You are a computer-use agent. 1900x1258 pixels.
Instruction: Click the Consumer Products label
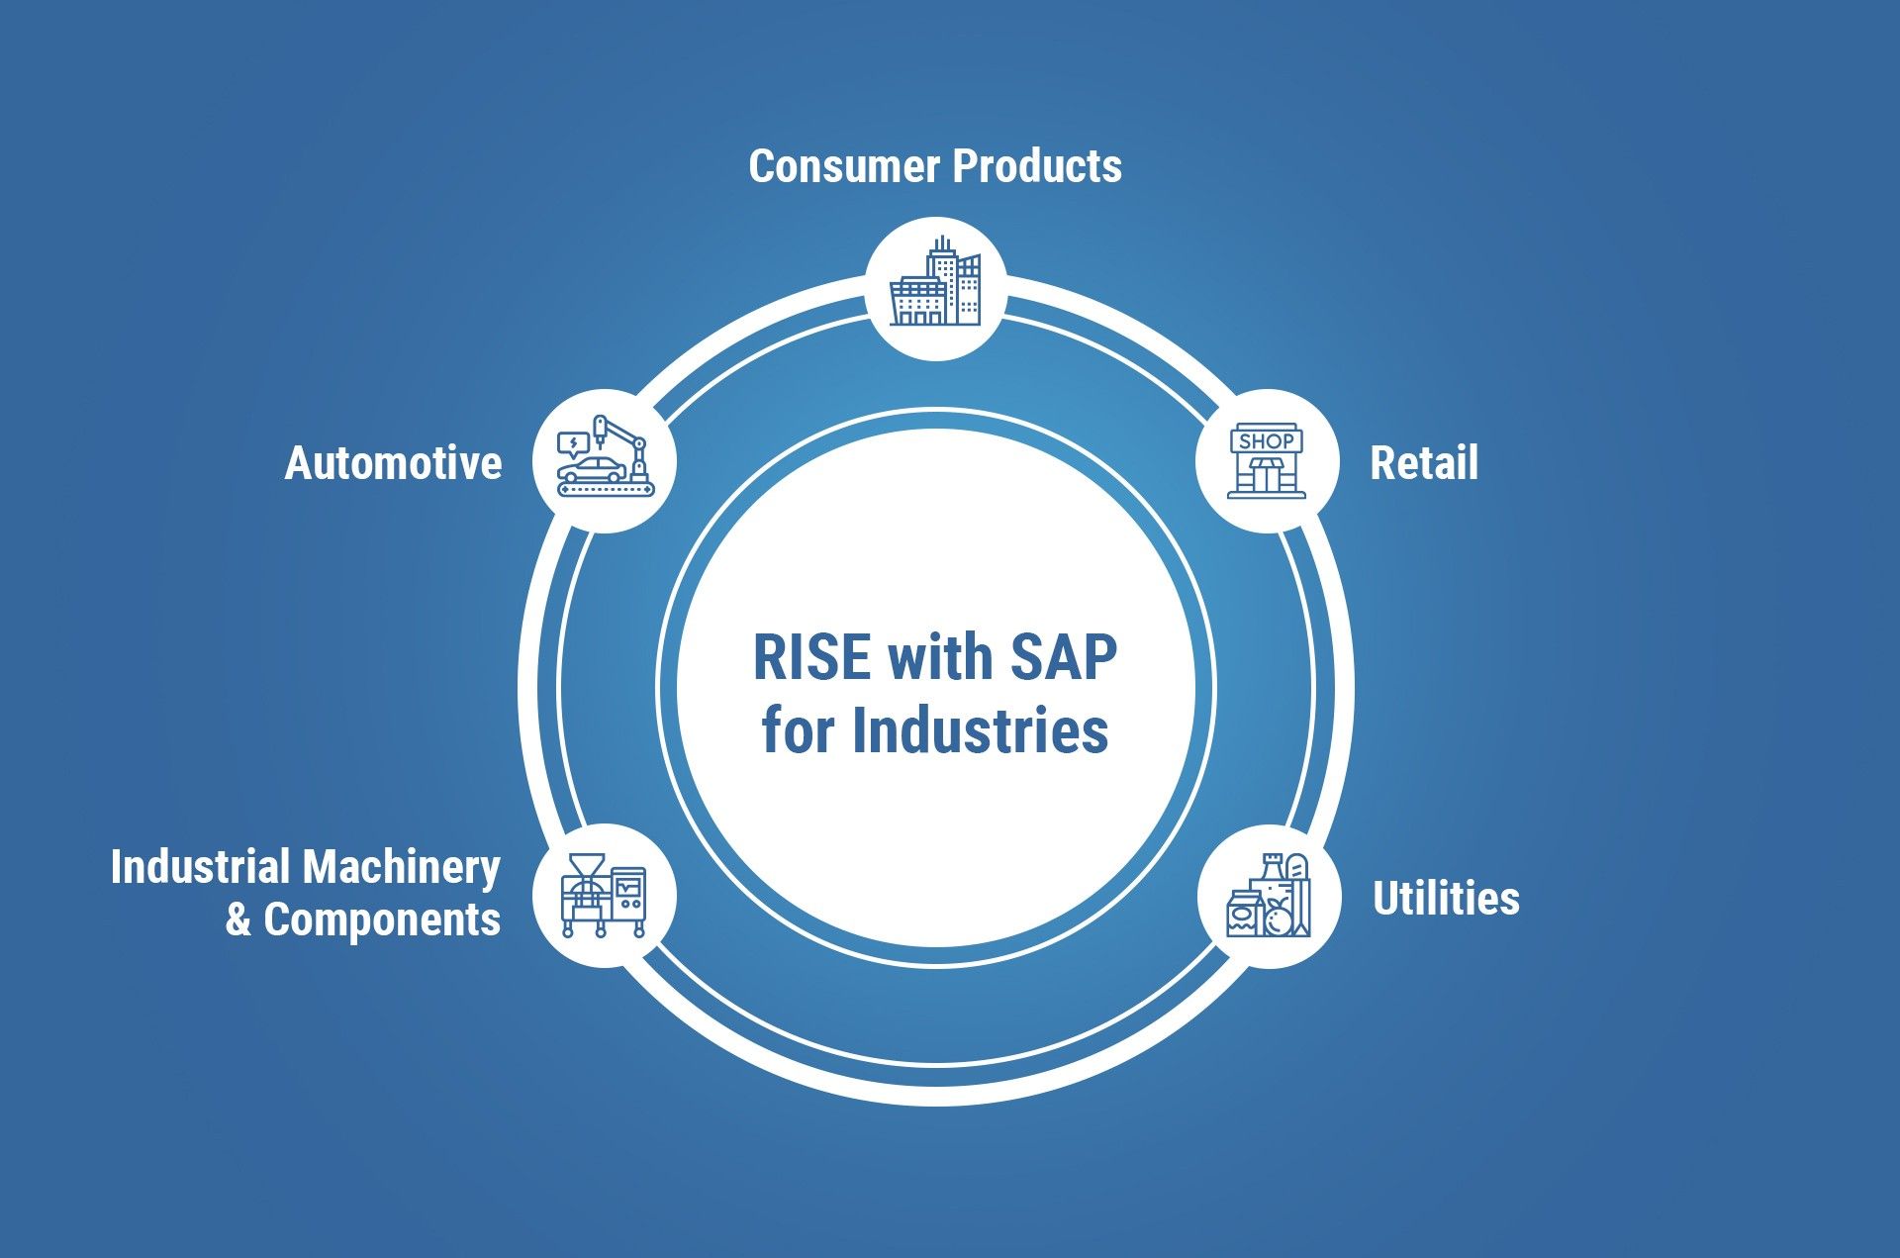pyautogui.click(x=935, y=166)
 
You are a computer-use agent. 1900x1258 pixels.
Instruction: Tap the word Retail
pyautogui.click(x=1424, y=463)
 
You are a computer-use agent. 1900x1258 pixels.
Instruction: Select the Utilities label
pyautogui.click(x=1446, y=899)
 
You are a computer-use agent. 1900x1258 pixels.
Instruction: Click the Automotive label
pyautogui.click(x=394, y=463)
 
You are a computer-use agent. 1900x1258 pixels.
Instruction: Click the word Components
pyautogui.click(x=382, y=919)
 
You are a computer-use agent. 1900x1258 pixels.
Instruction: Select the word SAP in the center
pyautogui.click(x=1064, y=657)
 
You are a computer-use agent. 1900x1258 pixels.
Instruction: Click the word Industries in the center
pyautogui.click(x=980, y=731)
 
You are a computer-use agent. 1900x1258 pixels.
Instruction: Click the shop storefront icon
pyautogui.click(x=1267, y=461)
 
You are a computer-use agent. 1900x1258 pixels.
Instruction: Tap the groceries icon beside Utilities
pyautogui.click(x=1268, y=897)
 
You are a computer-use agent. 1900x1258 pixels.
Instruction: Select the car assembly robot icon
pyautogui.click(x=605, y=457)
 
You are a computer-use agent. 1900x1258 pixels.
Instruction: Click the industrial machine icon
pyautogui.click(x=604, y=896)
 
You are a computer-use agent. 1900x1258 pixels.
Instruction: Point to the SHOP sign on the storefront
pyautogui.click(x=1267, y=441)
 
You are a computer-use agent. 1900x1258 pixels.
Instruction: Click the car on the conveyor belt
pyautogui.click(x=591, y=469)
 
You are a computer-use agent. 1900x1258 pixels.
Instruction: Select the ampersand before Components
pyautogui.click(x=237, y=919)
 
